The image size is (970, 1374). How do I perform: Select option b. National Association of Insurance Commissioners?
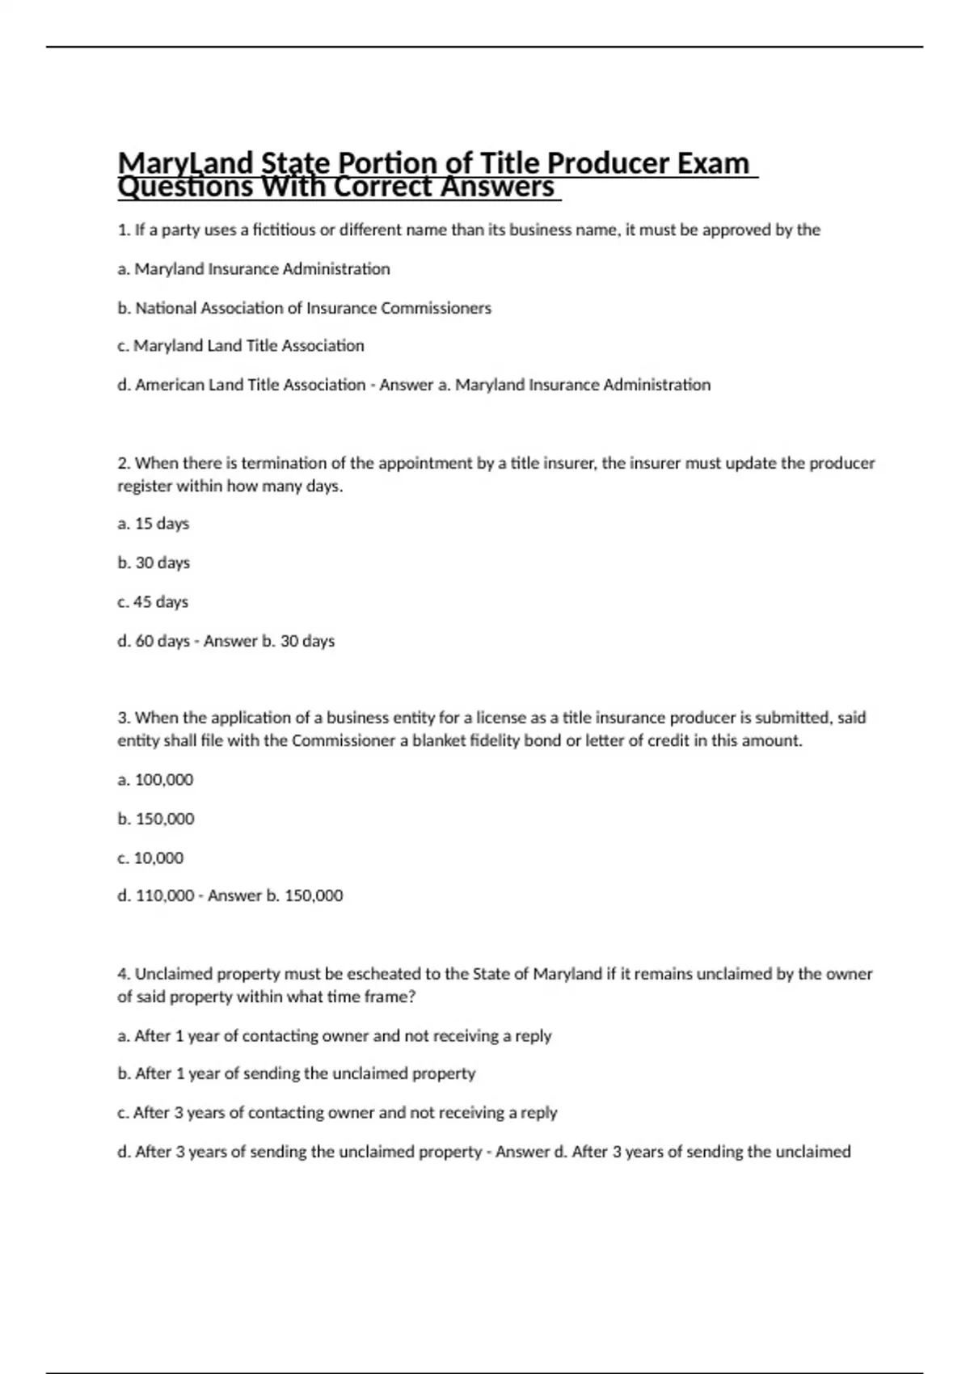click(304, 308)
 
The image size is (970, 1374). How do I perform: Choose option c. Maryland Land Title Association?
click(240, 346)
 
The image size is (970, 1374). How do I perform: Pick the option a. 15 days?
click(153, 524)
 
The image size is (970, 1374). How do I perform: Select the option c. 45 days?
click(153, 602)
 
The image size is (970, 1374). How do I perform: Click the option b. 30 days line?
click(154, 563)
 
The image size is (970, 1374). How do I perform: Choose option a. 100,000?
click(155, 780)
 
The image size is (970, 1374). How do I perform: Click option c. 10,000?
click(150, 858)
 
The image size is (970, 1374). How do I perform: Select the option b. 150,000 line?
click(156, 819)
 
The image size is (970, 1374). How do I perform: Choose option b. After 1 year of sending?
click(296, 1073)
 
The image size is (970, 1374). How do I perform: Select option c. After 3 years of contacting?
click(337, 1113)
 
